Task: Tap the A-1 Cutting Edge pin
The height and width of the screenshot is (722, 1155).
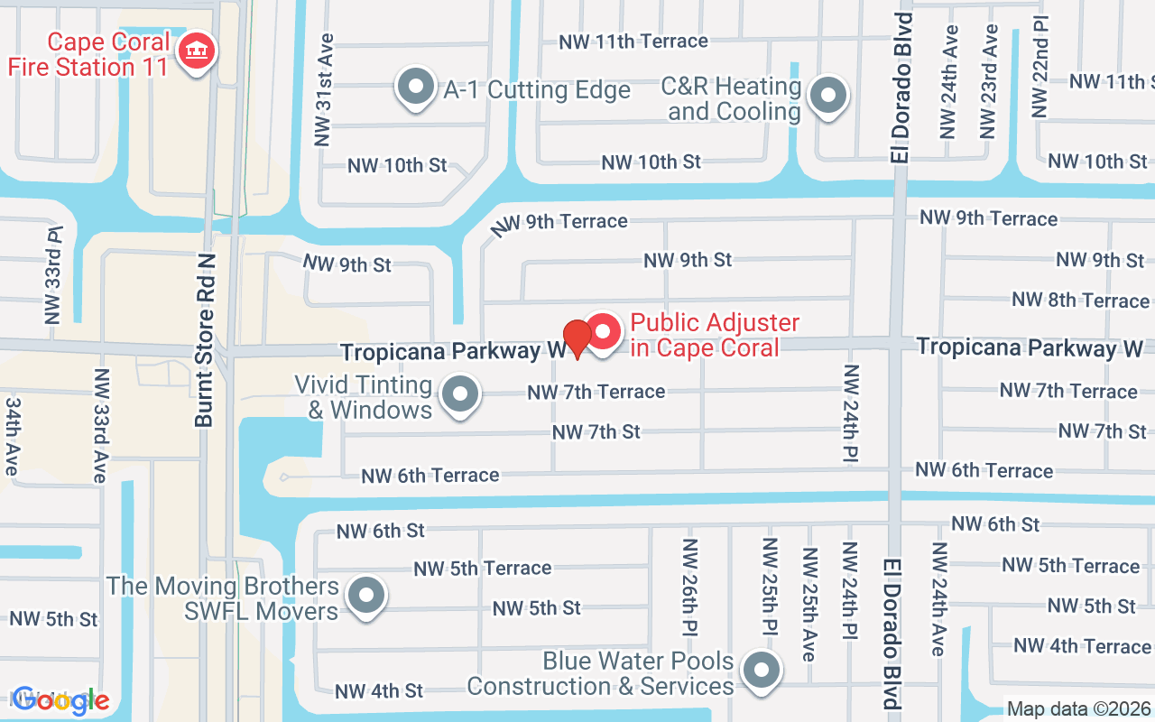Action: coord(416,88)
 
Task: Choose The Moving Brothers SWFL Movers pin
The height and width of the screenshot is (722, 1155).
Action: coord(365,596)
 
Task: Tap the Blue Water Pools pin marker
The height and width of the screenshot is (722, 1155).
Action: coord(761,671)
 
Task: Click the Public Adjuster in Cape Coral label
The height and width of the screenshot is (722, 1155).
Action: coord(715,335)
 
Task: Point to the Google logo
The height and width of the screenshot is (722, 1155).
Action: coord(60,699)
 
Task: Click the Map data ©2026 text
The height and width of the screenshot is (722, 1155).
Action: coord(1079,709)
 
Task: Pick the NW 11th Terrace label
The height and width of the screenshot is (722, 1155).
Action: coord(633,42)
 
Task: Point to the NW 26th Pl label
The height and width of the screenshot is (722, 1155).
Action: coord(690,588)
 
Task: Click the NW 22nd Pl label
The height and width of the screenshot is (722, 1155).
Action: coord(1040,66)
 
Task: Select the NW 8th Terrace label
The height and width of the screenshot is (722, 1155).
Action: coord(1080,300)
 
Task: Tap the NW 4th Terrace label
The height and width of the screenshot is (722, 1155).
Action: coord(1081,646)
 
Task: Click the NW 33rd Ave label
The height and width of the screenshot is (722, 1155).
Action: coord(101,425)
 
